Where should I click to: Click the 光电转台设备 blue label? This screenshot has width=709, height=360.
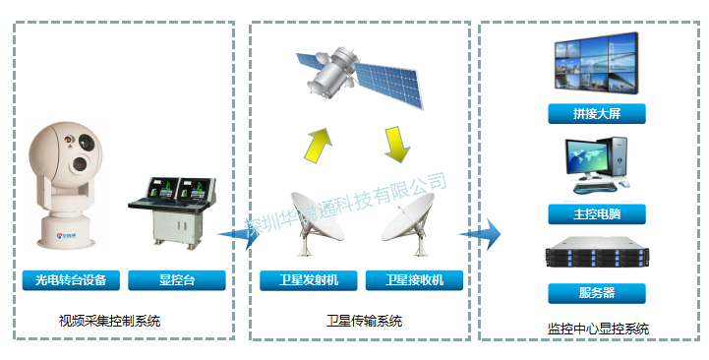tap(71, 280)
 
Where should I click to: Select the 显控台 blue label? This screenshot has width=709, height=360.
tap(177, 280)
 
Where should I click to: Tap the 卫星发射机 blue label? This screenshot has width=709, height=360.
tap(307, 280)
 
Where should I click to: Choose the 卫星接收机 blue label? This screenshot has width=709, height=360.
tap(414, 280)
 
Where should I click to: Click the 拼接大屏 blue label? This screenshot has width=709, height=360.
tap(596, 114)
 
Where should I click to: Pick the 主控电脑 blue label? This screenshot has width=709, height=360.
tap(596, 213)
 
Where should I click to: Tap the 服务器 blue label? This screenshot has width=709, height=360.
tap(596, 293)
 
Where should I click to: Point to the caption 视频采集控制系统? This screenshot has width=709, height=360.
tap(109, 321)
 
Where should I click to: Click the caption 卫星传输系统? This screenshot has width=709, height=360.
tap(364, 321)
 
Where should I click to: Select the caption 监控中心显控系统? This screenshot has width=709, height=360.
tap(598, 329)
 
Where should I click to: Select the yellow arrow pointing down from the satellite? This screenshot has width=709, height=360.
tap(396, 144)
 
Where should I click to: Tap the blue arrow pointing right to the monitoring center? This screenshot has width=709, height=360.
tap(479, 234)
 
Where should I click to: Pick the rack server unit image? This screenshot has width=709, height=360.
tap(596, 256)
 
